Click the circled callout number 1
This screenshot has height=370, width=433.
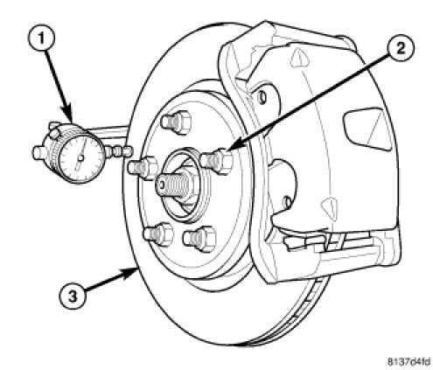[x=41, y=39]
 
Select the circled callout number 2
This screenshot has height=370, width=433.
[x=401, y=49]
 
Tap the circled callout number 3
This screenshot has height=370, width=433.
[x=73, y=297]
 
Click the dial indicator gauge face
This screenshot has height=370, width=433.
[x=81, y=157]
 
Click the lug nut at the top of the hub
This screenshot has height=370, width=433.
[x=176, y=122]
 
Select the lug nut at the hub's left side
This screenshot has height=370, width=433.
[x=143, y=168]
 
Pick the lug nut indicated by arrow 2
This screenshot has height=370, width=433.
[x=217, y=161]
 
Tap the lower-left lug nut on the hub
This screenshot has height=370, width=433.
[x=158, y=234]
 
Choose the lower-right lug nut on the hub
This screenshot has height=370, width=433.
[x=199, y=239]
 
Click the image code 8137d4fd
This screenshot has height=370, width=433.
[x=409, y=362]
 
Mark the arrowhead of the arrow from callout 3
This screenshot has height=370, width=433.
[x=132, y=272]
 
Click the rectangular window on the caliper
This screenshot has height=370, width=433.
[x=368, y=129]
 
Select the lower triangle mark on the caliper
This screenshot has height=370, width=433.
[x=330, y=208]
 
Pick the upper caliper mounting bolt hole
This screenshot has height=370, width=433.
[x=262, y=96]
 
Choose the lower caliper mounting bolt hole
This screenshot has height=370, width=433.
[x=287, y=202]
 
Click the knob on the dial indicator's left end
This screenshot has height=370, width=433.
[x=38, y=153]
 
